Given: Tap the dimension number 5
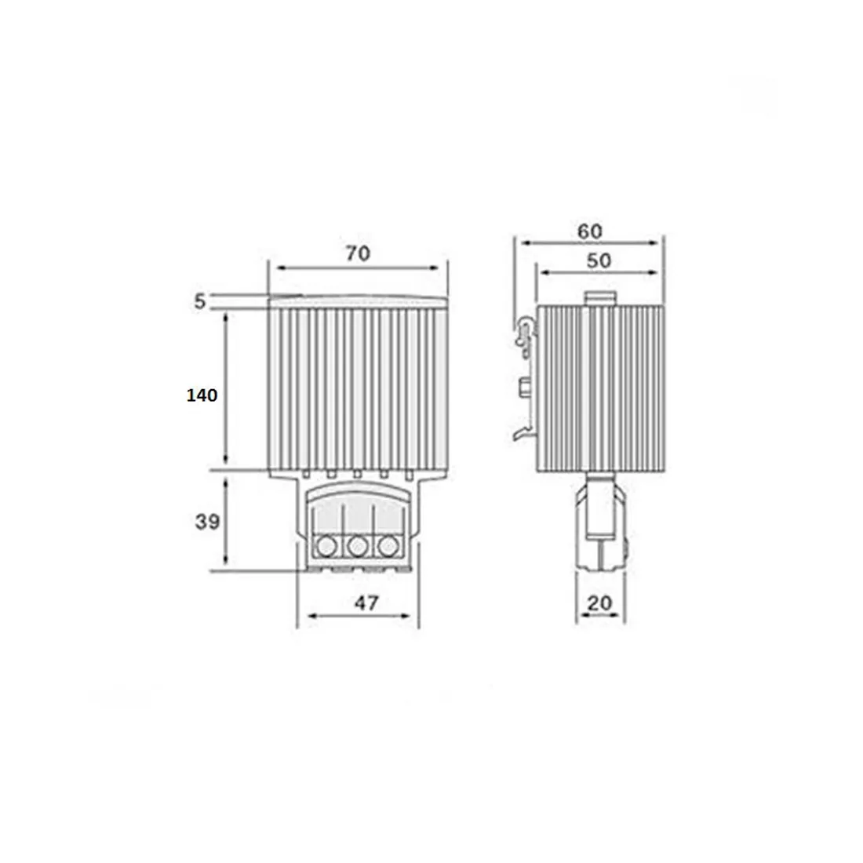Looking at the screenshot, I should coord(200,301).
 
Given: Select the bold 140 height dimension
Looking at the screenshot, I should coord(202,395).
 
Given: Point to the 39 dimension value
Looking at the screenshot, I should coord(207,521).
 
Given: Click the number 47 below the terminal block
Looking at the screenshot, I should coord(366,603).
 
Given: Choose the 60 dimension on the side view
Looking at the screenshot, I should coord(589,231).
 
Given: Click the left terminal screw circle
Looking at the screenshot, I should coord(324,544).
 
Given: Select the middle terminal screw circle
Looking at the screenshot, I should coord(357,544).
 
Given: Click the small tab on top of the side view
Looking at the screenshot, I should coord(601,298).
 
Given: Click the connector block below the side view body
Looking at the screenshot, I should coord(601,522).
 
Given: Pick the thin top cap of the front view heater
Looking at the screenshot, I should coord(358,300).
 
